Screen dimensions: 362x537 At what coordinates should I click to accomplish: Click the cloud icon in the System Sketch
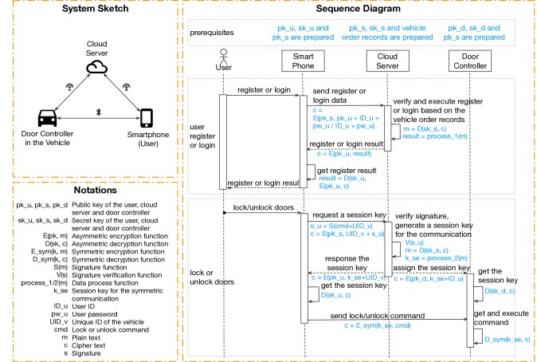(x=97, y=68)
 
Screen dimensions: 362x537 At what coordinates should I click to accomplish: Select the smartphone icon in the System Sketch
(x=146, y=118)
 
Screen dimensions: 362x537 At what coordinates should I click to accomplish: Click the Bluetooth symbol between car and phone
(x=97, y=112)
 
